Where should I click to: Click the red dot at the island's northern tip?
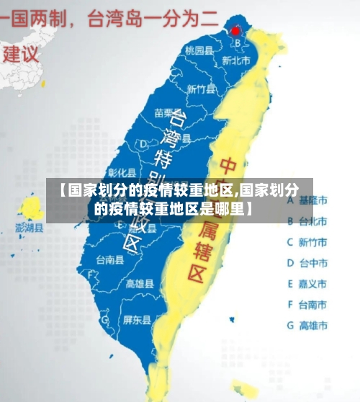pos(235,31)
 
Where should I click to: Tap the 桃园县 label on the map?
pos(199,50)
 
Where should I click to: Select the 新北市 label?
pos(236,61)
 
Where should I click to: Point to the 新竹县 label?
pos(201,89)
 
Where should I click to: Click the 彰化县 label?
pos(122,172)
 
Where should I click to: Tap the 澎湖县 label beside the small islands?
pos(30,228)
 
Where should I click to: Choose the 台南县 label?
pos(109,259)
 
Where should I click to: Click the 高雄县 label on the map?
pos(140,283)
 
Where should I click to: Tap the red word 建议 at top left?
pos(21,53)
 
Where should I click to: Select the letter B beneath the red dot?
pos(238,43)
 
